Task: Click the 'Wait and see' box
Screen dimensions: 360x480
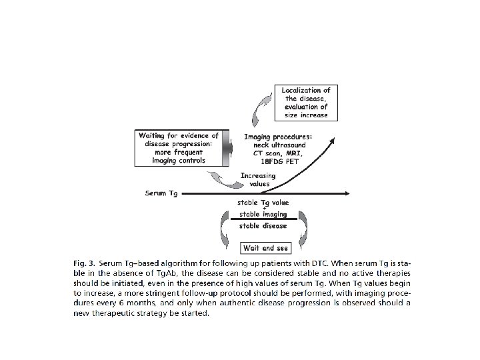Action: pos(265,248)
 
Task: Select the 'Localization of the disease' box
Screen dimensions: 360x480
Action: pos(305,102)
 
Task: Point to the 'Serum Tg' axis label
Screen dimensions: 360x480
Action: pos(161,193)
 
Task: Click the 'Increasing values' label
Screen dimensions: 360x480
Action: pos(257,180)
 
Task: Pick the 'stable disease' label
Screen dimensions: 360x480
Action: pos(264,225)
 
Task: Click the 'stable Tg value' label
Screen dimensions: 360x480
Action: pos(264,202)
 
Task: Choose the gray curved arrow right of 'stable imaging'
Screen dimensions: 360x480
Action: pos(303,227)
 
